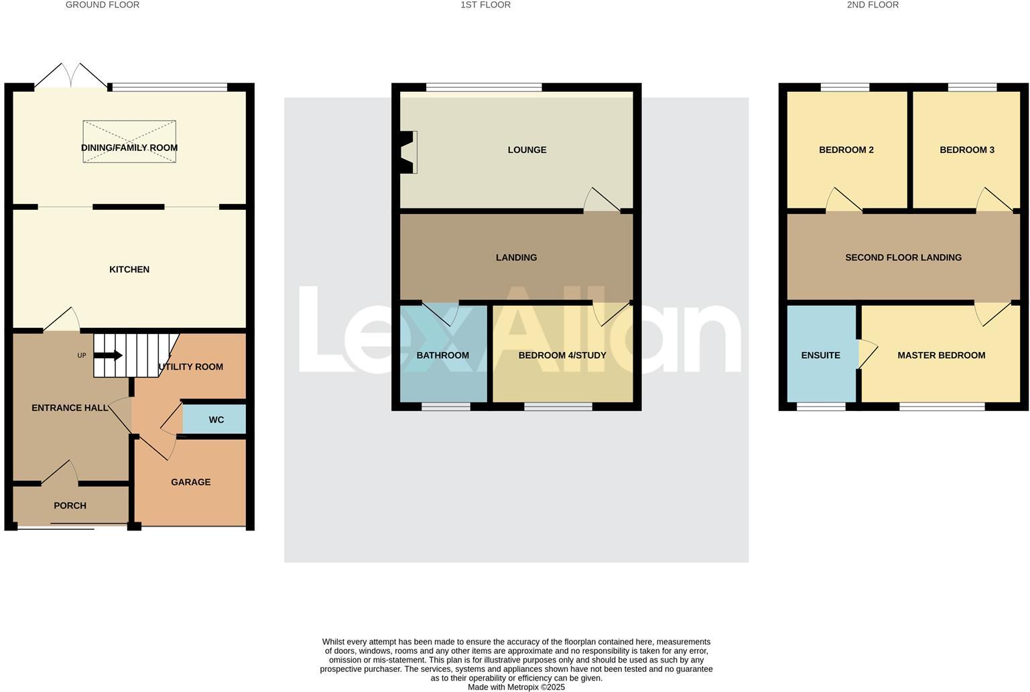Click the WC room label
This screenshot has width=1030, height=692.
216,420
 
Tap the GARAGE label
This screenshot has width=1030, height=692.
190,482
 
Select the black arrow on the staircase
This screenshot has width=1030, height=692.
109,355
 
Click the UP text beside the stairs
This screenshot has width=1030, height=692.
82,355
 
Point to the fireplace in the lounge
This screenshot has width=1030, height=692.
407,152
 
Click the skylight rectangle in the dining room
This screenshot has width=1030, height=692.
129,141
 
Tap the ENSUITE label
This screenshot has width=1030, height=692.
820,355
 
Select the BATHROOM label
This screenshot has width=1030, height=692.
442,355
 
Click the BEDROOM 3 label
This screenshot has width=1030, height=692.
966,150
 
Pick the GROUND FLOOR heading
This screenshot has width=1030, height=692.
103,5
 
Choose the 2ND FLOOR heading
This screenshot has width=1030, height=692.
873,5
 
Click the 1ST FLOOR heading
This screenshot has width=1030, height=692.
485,5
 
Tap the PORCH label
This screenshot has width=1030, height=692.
70,506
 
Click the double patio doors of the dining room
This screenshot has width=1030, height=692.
70,75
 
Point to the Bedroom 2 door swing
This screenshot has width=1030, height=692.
842,200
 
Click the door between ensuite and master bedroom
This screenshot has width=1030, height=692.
866,353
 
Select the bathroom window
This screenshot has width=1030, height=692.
446,406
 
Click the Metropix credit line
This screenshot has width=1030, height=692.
516,687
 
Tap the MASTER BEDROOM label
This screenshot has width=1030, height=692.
941,355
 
